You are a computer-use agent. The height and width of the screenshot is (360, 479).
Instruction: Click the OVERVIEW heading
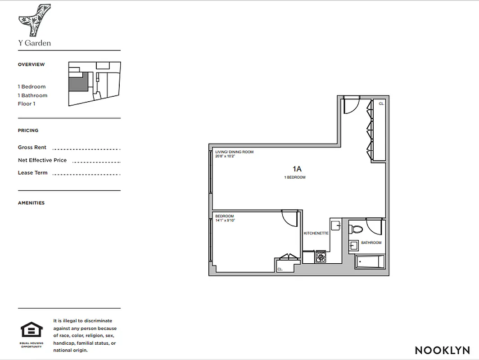pyautogui.click(x=32, y=64)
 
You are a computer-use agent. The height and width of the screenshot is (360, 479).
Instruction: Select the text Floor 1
pyautogui.click(x=27, y=104)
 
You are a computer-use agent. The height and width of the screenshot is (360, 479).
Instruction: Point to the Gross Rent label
pyautogui.click(x=32, y=148)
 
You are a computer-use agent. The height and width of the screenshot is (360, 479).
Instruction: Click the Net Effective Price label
pyautogui.click(x=42, y=160)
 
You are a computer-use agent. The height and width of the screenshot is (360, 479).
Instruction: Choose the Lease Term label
pyautogui.click(x=32, y=173)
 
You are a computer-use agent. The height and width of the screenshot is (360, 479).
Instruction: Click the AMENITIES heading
pyautogui.click(x=31, y=203)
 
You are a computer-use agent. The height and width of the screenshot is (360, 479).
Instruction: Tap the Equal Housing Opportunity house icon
pyautogui.click(x=32, y=330)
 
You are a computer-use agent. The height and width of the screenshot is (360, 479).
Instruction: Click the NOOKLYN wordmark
pyautogui.click(x=442, y=350)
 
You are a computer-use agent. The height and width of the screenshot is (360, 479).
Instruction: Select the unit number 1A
pyautogui.click(x=297, y=169)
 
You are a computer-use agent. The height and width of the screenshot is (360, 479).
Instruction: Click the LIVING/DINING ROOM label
pyautogui.click(x=234, y=152)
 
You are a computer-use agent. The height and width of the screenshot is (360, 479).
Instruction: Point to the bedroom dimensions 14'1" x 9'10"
pyautogui.click(x=225, y=220)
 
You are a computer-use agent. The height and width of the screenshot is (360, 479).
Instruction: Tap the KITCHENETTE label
pyautogui.click(x=316, y=233)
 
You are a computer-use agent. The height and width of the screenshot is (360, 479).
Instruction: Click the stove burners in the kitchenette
pyautogui.click(x=321, y=257)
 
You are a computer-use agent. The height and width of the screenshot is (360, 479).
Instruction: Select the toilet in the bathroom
pyautogui.click(x=357, y=229)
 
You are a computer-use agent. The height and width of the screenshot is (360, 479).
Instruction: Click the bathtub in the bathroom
pyautogui.click(x=370, y=261)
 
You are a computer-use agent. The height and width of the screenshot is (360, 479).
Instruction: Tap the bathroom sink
pyautogui.click(x=353, y=245)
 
